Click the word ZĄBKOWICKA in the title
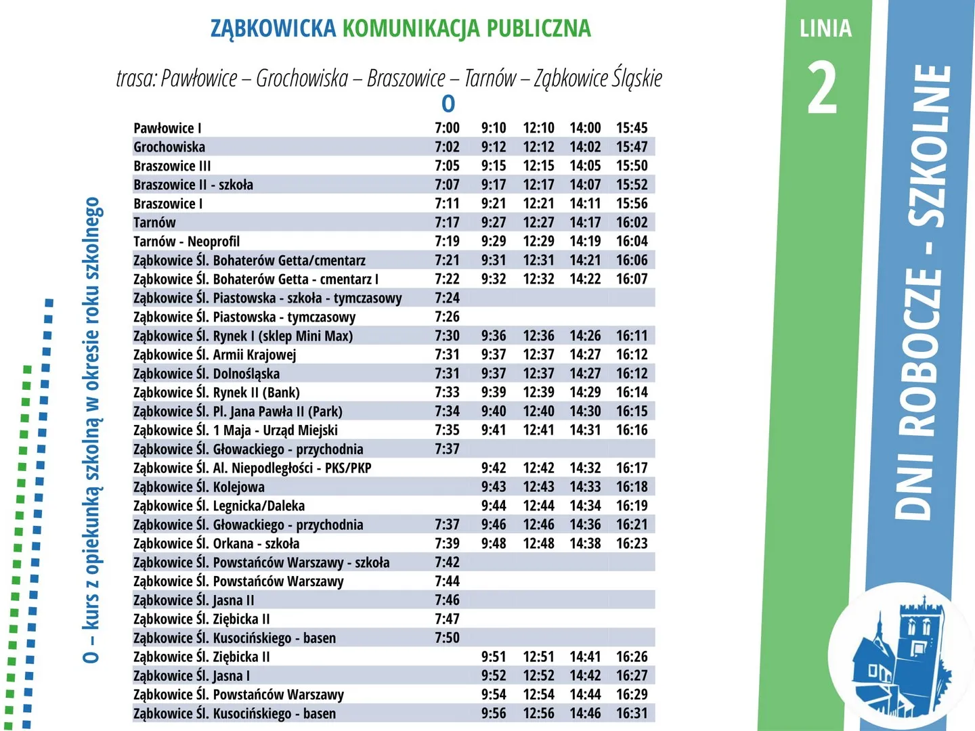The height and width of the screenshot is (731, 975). click(273, 28)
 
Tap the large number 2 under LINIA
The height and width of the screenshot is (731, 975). click(823, 88)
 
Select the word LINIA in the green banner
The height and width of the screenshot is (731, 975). click(825, 28)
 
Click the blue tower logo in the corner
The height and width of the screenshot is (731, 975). click(901, 660)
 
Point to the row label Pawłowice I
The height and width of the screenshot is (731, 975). click(167, 128)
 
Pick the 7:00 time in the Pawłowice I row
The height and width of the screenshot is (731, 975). click(447, 128)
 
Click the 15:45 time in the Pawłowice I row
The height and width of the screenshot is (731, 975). click(632, 128)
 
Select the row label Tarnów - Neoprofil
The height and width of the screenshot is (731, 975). click(186, 242)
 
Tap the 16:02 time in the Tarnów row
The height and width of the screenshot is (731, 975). click(632, 223)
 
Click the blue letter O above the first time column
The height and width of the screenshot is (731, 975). click(448, 104)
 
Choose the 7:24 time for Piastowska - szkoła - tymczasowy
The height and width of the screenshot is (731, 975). click(447, 298)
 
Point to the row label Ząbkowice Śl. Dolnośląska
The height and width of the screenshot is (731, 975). click(207, 374)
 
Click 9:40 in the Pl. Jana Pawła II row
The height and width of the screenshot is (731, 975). click(494, 412)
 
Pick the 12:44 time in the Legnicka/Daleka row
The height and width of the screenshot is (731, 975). click(539, 506)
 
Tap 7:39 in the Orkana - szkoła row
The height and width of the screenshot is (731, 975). click(447, 544)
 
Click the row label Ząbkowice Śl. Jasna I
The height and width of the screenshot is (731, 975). click(192, 675)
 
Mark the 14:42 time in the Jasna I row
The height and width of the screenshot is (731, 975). click(585, 675)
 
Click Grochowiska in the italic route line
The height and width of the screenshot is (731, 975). click(302, 79)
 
